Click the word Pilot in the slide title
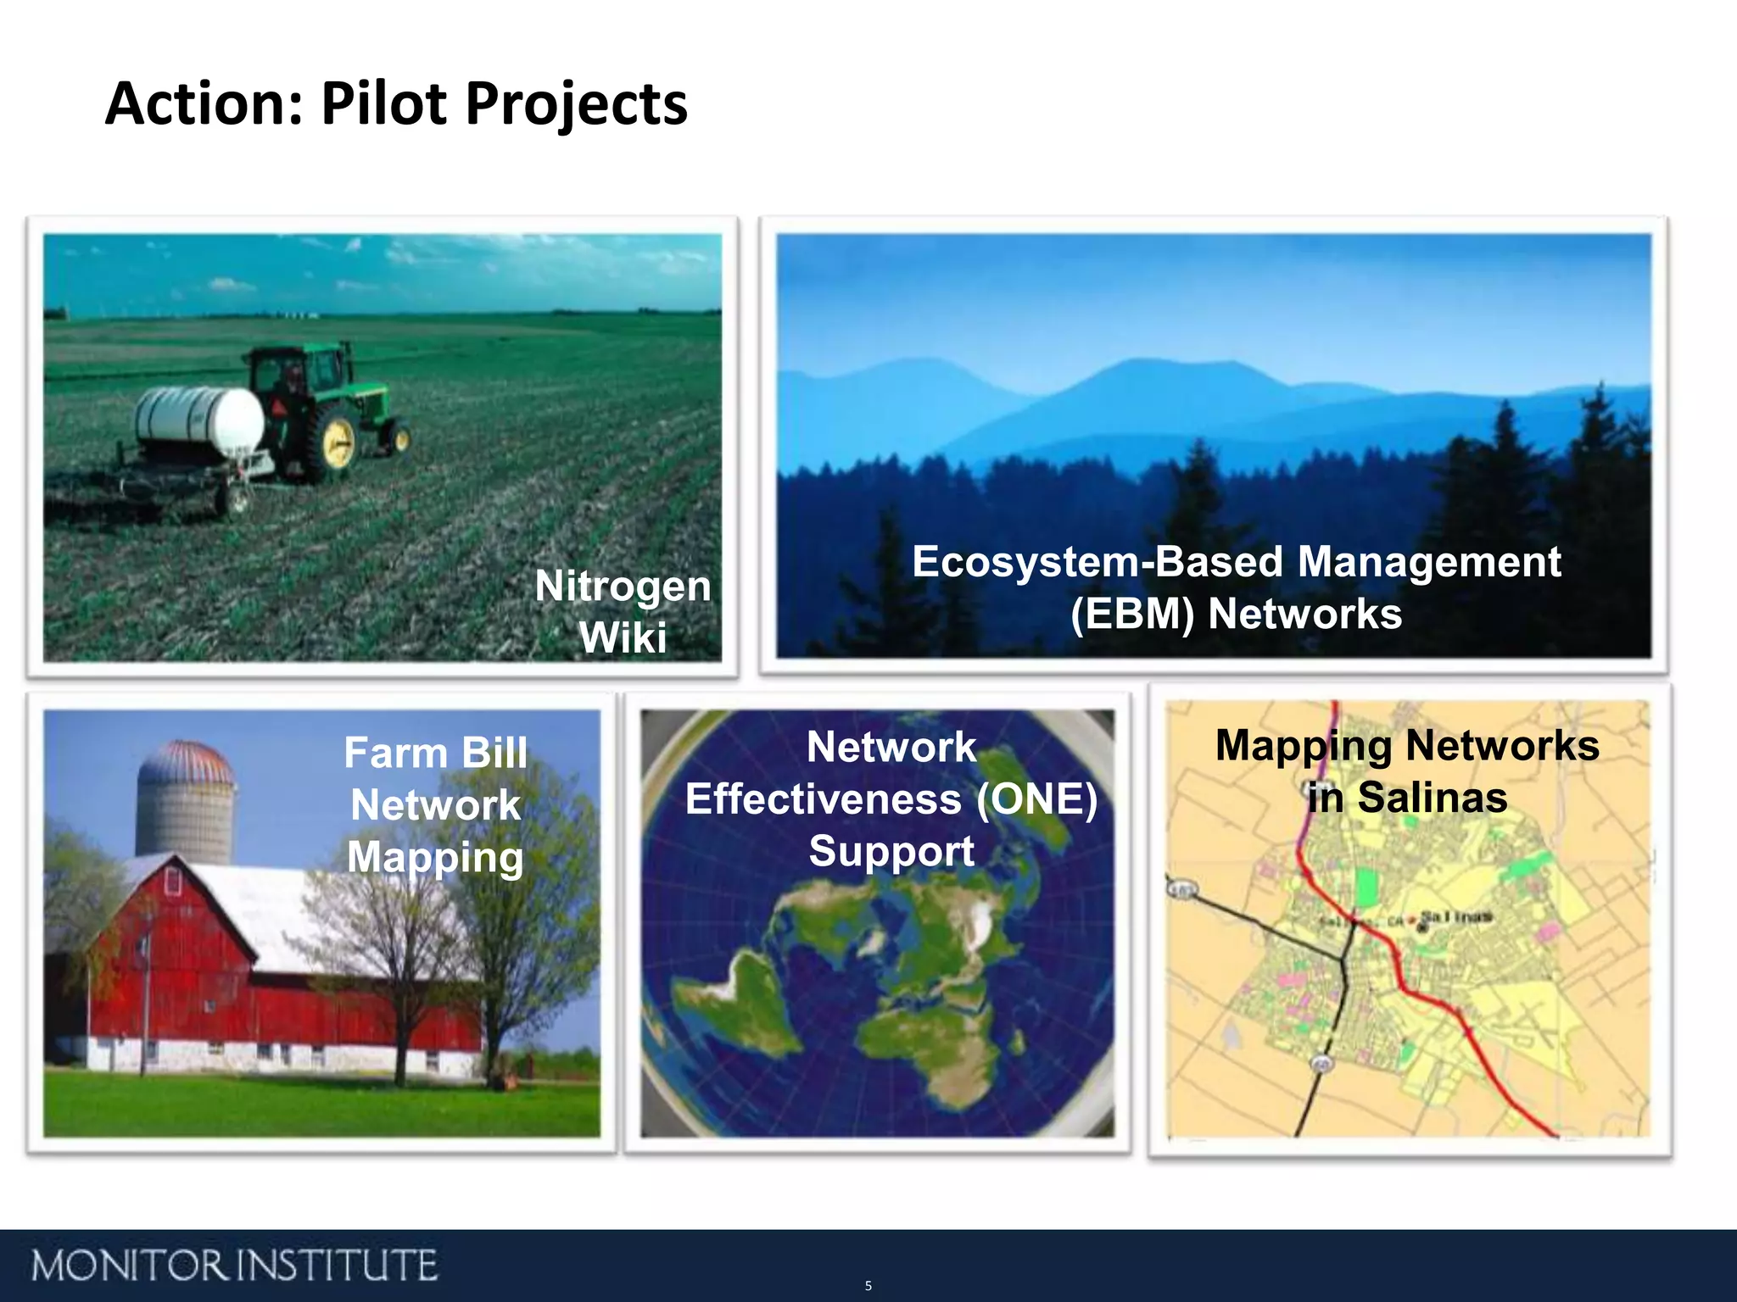(383, 104)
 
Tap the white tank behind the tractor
(200, 419)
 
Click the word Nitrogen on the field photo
(623, 586)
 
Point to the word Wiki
(623, 637)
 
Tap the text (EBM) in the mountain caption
(1132, 614)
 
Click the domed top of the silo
(185, 761)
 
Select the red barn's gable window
(172, 882)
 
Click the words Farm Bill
(435, 753)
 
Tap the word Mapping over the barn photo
(435, 857)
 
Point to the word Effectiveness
(824, 798)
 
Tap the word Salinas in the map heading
(1432, 798)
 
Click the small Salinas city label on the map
(1455, 916)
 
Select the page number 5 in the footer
(868, 1286)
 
